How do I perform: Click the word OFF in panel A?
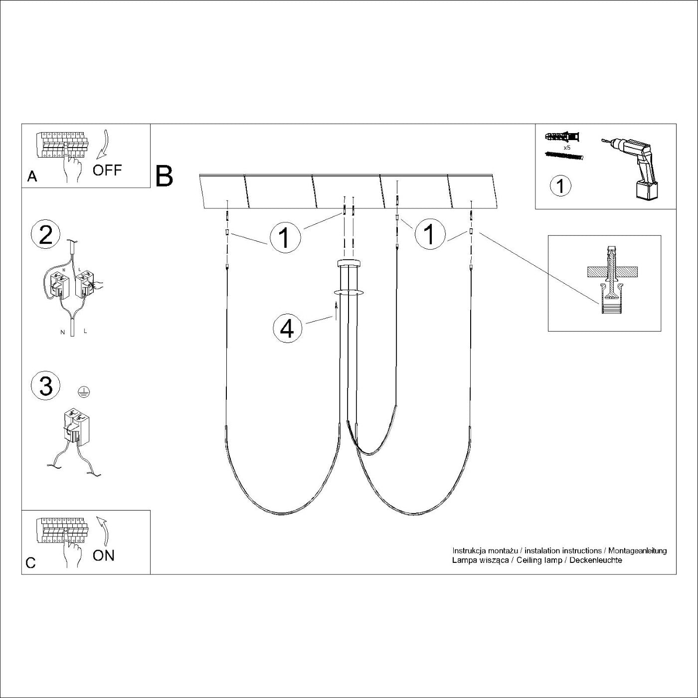pos(107,170)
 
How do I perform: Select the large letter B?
pos(164,176)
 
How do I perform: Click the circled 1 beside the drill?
pos(560,186)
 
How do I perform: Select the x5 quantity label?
pos(566,148)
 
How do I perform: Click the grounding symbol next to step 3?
pos(84,390)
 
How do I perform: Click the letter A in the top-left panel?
pos(32,176)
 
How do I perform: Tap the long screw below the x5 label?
pos(563,156)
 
